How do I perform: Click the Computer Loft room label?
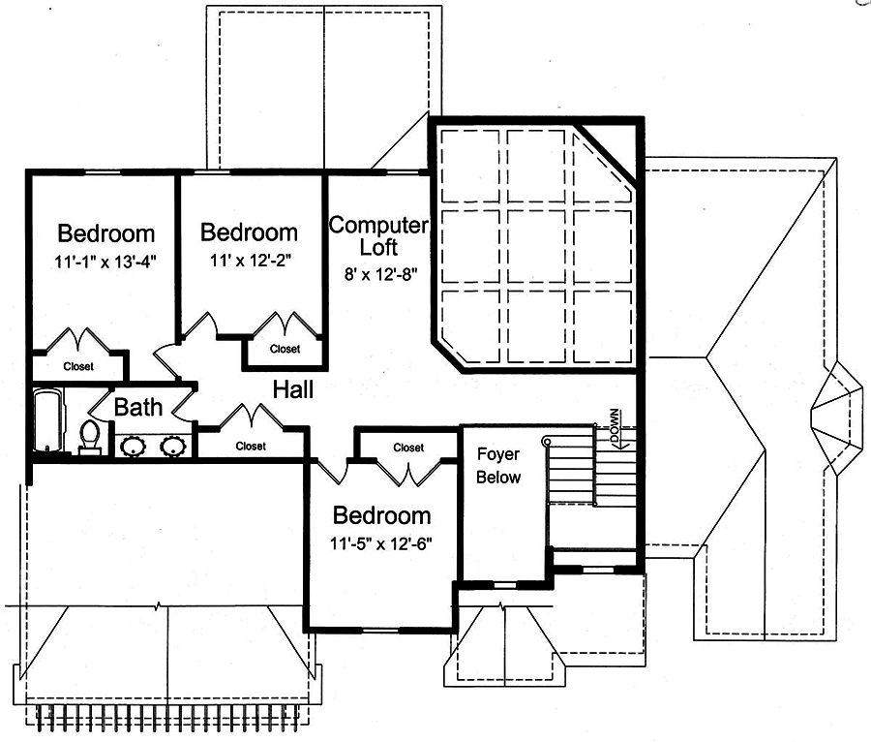tap(378, 235)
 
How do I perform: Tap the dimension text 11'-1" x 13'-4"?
tap(105, 261)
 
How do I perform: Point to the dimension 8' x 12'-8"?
tap(378, 273)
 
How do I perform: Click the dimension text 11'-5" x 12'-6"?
tap(380, 542)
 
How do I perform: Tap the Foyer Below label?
tap(499, 466)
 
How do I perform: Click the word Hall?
tap(292, 390)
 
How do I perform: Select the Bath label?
tap(138, 407)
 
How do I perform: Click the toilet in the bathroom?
tap(89, 437)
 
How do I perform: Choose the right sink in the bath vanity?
tap(172, 447)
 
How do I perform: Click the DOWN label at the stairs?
tap(614, 427)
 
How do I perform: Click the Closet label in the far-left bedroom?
tap(78, 367)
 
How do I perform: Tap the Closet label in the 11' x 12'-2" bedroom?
tap(285, 349)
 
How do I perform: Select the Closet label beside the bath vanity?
tap(251, 447)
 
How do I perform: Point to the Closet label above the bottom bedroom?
tap(408, 448)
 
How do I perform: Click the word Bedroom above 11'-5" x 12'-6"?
tap(380, 514)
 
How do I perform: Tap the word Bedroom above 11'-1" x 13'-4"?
tap(105, 233)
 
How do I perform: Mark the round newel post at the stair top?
tap(547, 442)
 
